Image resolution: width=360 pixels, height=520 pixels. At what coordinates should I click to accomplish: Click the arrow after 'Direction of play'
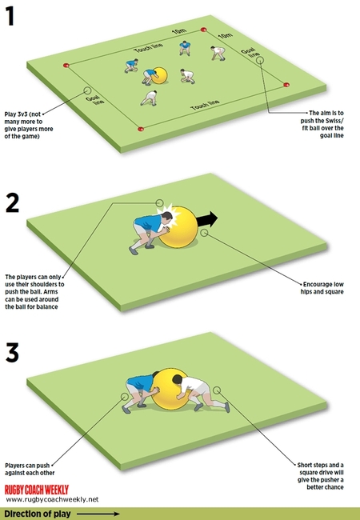click(99, 513)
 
